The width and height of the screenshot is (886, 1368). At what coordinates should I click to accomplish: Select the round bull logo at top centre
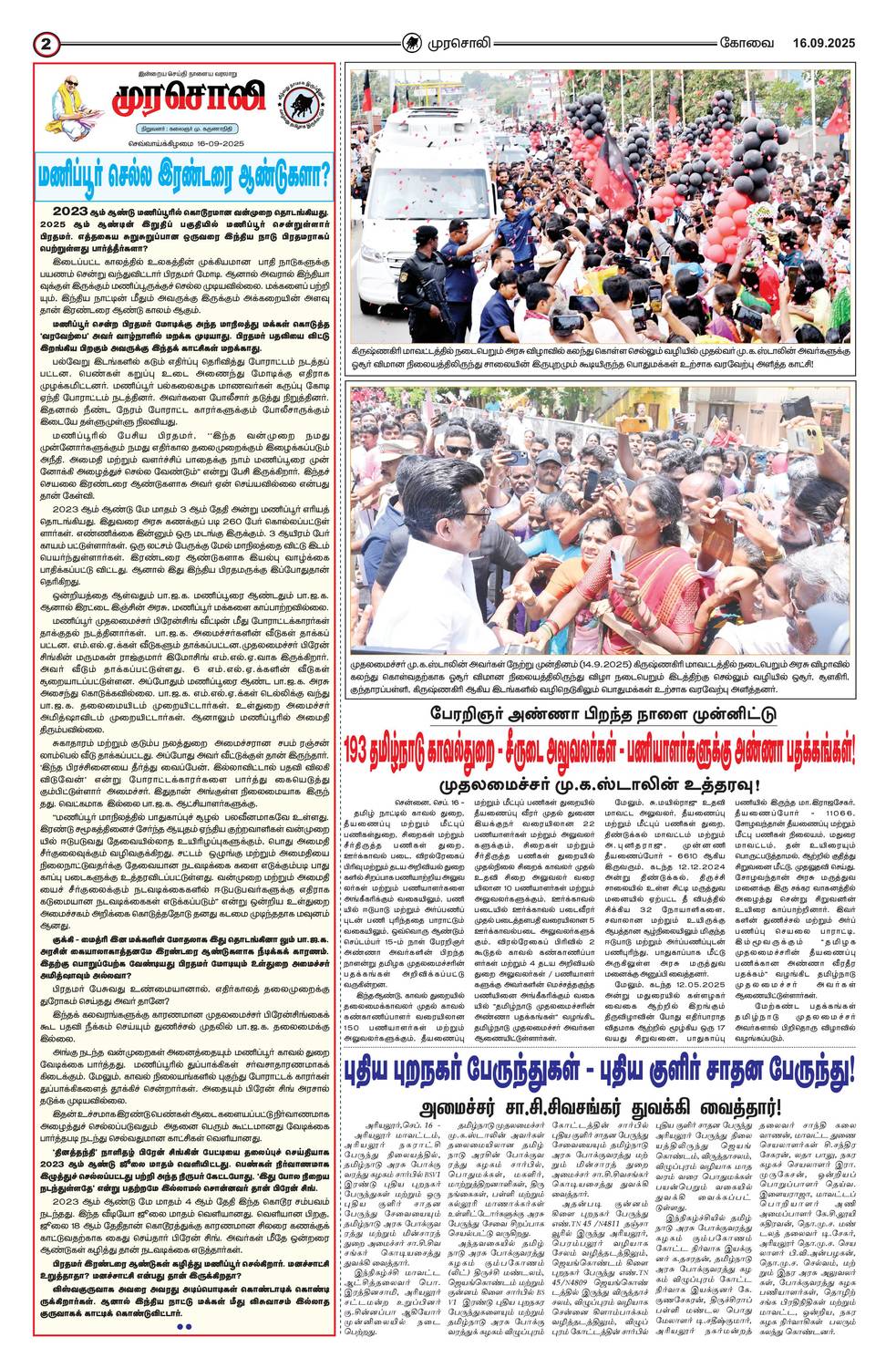click(415, 42)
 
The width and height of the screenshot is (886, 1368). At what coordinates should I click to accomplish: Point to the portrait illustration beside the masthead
click(71, 103)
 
